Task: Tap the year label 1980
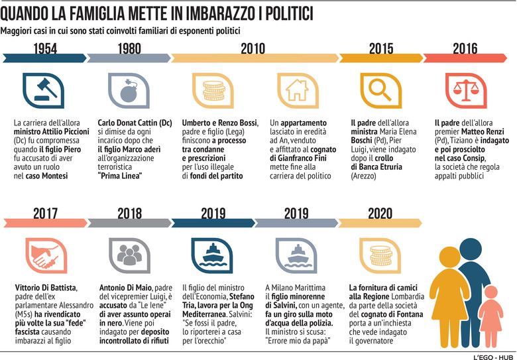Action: click(x=129, y=49)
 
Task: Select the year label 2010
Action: click(x=253, y=49)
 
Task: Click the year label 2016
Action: click(x=465, y=49)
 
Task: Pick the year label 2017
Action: click(x=45, y=213)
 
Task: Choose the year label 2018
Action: click(x=129, y=213)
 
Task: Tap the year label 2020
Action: click(x=380, y=213)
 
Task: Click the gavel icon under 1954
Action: click(x=44, y=90)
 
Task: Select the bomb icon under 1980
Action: click(x=129, y=90)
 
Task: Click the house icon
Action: click(x=297, y=90)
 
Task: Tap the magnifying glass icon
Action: click(x=380, y=90)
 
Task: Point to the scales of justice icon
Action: click(x=465, y=90)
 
